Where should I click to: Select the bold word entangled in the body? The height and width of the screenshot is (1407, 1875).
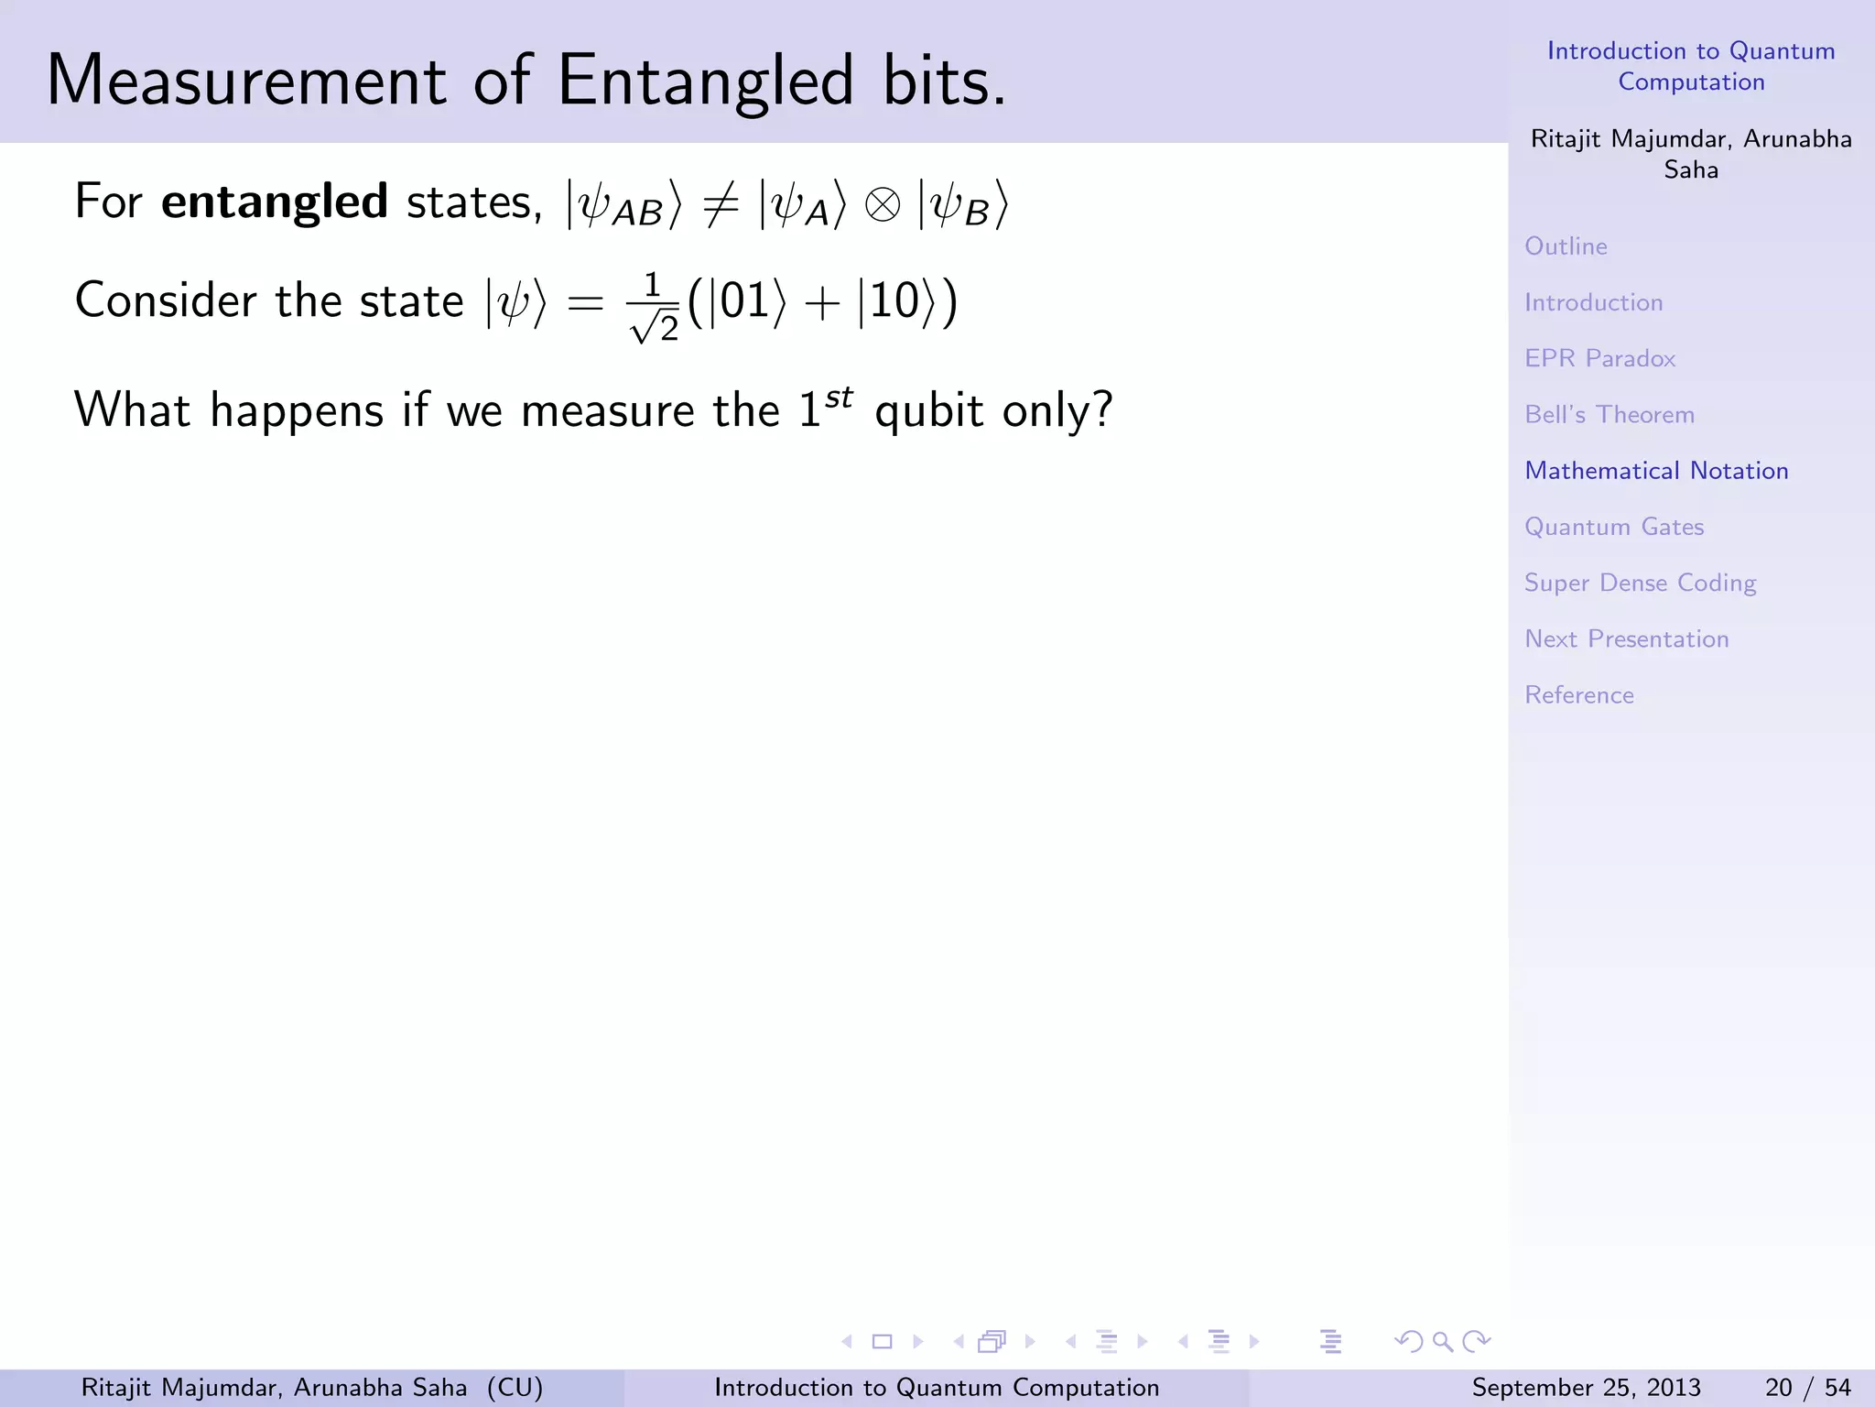tap(275, 202)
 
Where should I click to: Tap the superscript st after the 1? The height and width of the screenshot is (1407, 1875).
tap(839, 398)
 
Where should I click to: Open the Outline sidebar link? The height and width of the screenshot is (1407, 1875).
tap(1566, 246)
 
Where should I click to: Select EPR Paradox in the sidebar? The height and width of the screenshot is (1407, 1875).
tap(1599, 358)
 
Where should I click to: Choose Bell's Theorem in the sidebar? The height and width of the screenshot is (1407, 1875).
tap(1609, 415)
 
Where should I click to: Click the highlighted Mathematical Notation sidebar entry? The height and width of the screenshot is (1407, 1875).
tap(1656, 471)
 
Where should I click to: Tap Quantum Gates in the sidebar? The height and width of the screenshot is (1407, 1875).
tap(1614, 527)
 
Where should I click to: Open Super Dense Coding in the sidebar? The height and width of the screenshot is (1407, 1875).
tap(1640, 584)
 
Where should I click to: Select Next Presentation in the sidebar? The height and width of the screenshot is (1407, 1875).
tap(1626, 639)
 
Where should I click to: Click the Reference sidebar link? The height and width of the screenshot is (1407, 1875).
tap(1579, 695)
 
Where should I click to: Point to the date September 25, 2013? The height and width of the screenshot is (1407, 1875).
tap(1586, 1388)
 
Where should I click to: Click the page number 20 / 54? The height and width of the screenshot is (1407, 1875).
tap(1807, 1388)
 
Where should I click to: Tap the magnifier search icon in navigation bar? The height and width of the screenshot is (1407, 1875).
tap(1442, 1342)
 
